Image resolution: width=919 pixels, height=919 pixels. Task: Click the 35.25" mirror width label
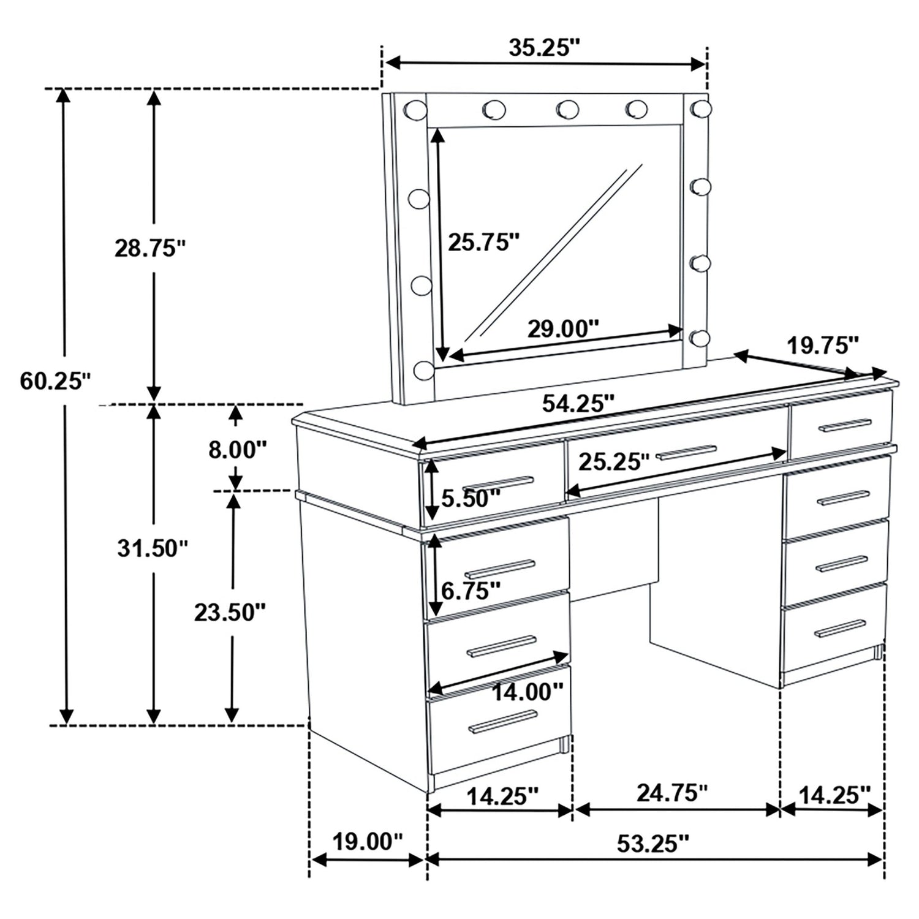click(x=544, y=48)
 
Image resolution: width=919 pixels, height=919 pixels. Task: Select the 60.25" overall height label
click(x=55, y=381)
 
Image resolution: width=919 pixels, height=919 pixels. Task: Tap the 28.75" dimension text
click(x=150, y=249)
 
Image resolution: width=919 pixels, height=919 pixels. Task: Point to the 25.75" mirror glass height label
click(x=483, y=243)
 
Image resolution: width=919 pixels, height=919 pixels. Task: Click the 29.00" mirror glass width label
click(x=563, y=329)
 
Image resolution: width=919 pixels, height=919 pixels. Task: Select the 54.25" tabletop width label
click(x=578, y=403)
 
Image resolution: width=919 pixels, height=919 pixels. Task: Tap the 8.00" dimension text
click(x=238, y=450)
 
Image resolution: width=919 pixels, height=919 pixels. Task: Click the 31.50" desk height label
click(x=153, y=548)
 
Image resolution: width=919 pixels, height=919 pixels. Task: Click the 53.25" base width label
click(x=653, y=844)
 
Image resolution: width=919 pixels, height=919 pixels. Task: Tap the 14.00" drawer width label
click(x=528, y=692)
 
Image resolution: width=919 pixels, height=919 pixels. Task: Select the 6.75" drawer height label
click(x=471, y=591)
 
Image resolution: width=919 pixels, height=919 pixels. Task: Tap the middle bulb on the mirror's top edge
click(x=567, y=109)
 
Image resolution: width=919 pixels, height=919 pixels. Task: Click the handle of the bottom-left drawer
click(x=502, y=723)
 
